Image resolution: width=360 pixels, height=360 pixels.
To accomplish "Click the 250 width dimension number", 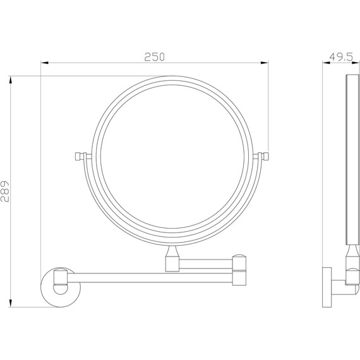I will (x=154, y=56).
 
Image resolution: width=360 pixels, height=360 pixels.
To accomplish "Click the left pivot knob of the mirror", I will (x=79, y=155).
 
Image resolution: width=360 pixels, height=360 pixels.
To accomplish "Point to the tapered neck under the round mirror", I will (x=171, y=258).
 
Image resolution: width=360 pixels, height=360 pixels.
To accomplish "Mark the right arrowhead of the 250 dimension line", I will (x=266, y=63).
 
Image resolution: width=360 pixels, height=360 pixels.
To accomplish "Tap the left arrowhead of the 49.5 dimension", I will (x=325, y=63).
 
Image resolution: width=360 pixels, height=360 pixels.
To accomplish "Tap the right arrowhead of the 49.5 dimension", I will (x=355, y=63).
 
